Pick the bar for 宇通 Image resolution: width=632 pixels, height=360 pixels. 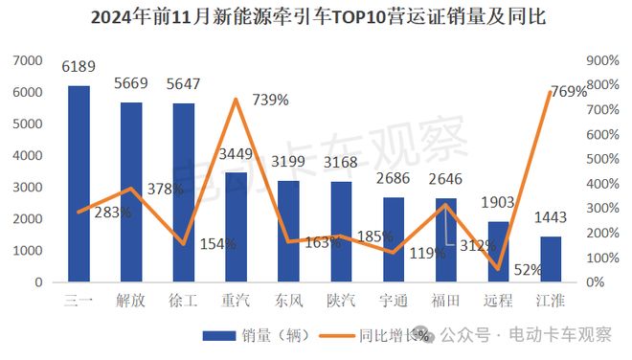tap(393, 239)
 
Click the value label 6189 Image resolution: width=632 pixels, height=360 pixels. tap(79, 67)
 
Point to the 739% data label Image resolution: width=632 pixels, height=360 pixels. tap(270, 100)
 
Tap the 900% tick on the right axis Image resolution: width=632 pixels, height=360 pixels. tap(600, 61)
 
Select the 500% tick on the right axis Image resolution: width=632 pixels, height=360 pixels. tap(600, 160)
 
